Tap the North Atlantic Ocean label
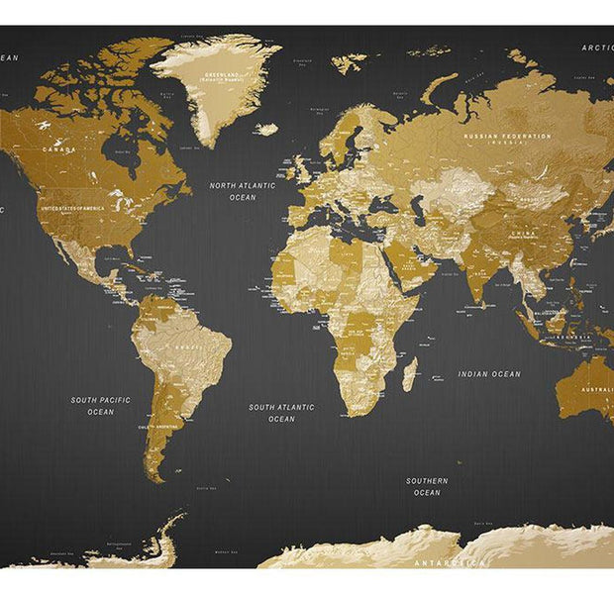click(243, 190)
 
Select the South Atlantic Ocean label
click(281, 412)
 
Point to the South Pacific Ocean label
click(100, 405)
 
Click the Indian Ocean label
click(489, 374)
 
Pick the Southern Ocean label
click(427, 486)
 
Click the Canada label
click(58, 149)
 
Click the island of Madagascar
click(409, 373)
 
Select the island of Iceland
click(265, 129)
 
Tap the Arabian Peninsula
click(400, 262)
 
